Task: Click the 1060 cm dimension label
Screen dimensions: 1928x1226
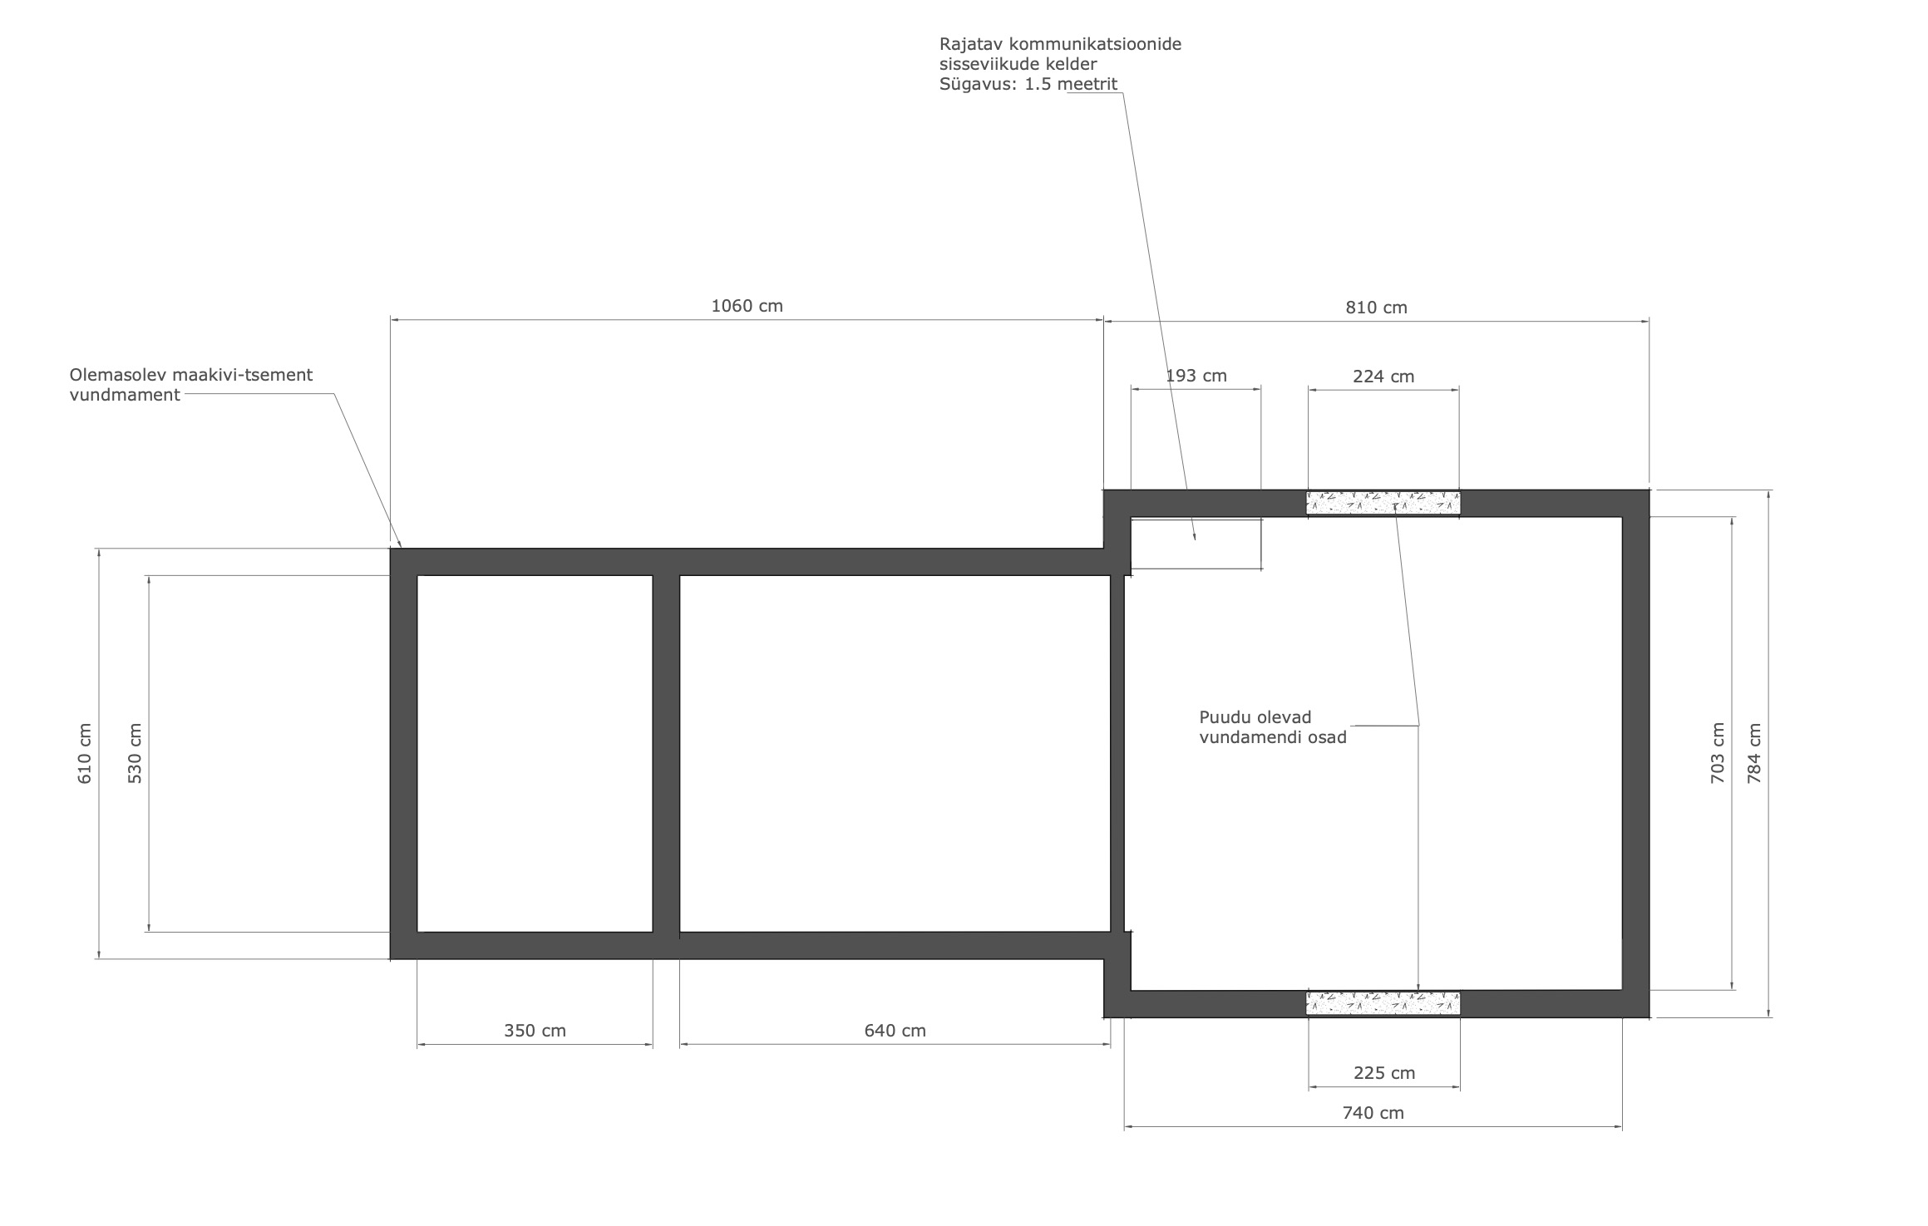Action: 747,306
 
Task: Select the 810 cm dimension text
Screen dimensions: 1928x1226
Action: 1376,308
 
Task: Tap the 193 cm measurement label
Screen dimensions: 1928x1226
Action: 1196,376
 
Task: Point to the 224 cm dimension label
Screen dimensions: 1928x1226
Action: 1383,377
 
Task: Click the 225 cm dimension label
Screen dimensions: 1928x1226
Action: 1383,1073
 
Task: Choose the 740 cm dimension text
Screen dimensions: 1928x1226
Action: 1373,1113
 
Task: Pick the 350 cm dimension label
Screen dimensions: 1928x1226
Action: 535,1031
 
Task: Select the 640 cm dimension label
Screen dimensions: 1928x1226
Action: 895,1031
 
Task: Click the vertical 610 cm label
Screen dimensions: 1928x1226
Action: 85,754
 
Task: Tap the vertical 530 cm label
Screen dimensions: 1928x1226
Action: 135,754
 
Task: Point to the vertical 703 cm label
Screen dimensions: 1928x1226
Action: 1718,754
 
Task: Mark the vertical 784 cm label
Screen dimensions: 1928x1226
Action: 1754,754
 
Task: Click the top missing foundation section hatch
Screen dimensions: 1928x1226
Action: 1383,503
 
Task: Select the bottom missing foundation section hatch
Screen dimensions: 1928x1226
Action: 1383,1003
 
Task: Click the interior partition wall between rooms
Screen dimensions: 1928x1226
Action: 666,754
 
